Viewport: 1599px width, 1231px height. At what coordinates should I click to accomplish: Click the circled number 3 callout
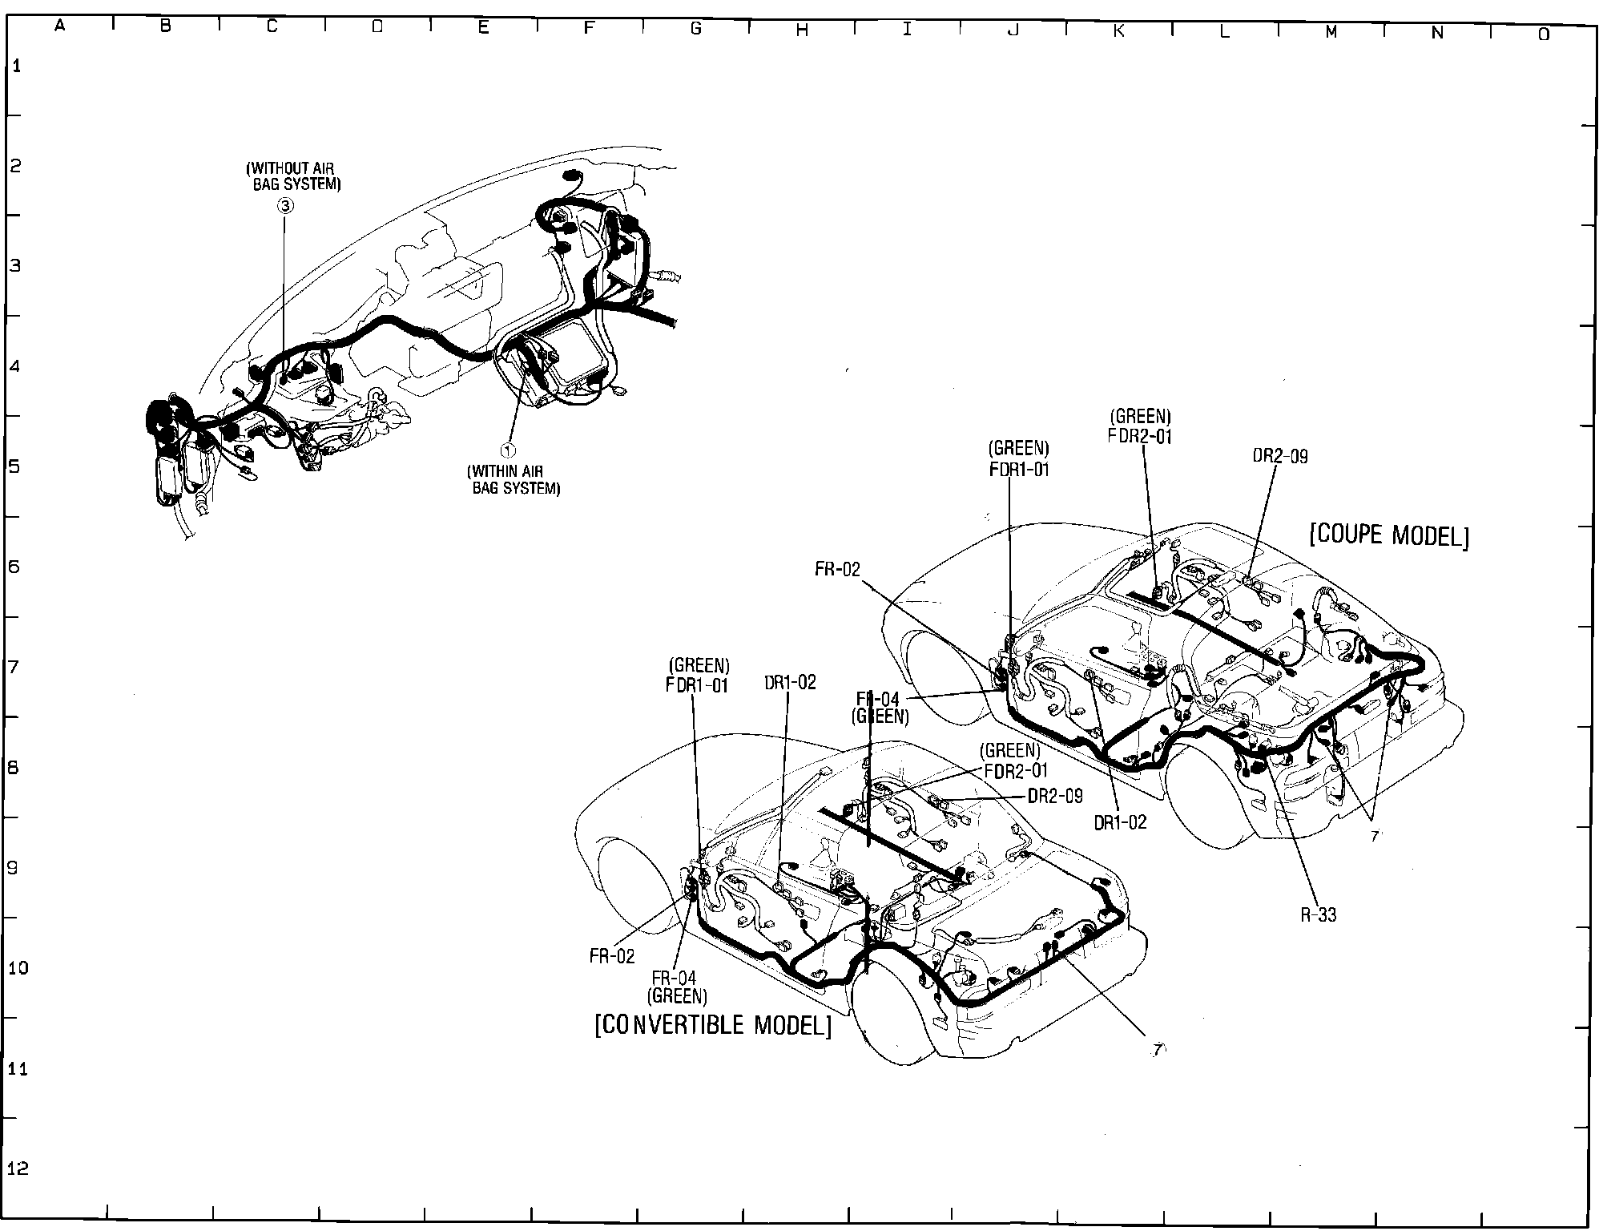coord(285,206)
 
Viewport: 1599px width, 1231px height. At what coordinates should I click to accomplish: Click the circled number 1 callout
coord(507,450)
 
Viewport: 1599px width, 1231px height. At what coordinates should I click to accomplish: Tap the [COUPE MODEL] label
coord(1389,535)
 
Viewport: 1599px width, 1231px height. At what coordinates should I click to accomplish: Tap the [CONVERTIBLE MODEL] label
coord(712,1025)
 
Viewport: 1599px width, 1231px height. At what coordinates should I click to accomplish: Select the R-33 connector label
coord(1318,914)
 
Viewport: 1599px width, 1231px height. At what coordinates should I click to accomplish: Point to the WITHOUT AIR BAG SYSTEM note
coord(292,176)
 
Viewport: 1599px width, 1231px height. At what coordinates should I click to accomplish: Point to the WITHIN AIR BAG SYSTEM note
coord(514,480)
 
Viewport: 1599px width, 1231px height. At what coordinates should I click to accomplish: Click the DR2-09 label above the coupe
coord(1279,456)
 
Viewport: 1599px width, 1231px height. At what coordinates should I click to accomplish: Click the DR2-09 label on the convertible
coord(1055,796)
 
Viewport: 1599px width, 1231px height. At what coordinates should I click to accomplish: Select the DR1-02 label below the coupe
coord(1120,821)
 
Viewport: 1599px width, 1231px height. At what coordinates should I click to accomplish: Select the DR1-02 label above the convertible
coord(789,682)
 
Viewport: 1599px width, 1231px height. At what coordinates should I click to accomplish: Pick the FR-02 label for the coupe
coord(837,570)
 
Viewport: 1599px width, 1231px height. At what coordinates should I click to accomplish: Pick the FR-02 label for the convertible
coord(612,956)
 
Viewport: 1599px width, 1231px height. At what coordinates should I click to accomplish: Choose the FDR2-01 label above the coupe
coord(1140,436)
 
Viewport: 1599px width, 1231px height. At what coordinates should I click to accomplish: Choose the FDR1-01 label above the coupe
coord(1018,469)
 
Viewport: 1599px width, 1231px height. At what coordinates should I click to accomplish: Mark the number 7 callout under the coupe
coord(1374,836)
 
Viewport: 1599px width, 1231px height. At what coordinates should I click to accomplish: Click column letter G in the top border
coord(695,29)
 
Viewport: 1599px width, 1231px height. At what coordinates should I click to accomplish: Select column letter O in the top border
coord(1543,34)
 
